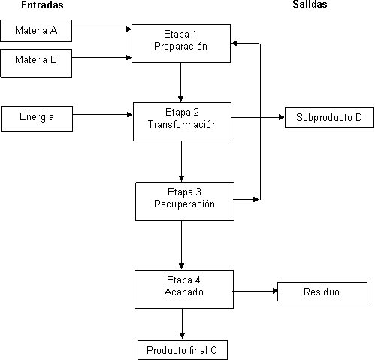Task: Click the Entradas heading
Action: tap(42, 5)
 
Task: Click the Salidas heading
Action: tap(310, 5)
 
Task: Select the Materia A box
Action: tap(36, 31)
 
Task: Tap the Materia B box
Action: tap(36, 63)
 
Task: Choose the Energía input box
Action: tap(37, 119)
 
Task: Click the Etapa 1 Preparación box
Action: tap(181, 44)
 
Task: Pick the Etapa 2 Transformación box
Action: tap(182, 122)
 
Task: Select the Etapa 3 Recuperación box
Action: tap(185, 201)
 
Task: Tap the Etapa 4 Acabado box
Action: tap(184, 289)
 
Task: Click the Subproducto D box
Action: tap(329, 118)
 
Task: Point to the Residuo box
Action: tap(322, 292)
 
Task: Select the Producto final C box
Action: tap(183, 350)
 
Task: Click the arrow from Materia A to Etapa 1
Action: tap(101, 29)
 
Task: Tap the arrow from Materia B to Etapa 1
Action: tap(101, 58)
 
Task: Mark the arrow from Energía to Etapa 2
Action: tap(103, 115)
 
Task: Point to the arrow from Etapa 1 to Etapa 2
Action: tap(180, 83)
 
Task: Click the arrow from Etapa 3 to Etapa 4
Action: tap(182, 245)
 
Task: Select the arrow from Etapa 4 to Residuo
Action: tap(256, 291)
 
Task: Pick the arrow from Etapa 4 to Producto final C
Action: tap(183, 324)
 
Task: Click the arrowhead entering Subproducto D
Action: tap(282, 117)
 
